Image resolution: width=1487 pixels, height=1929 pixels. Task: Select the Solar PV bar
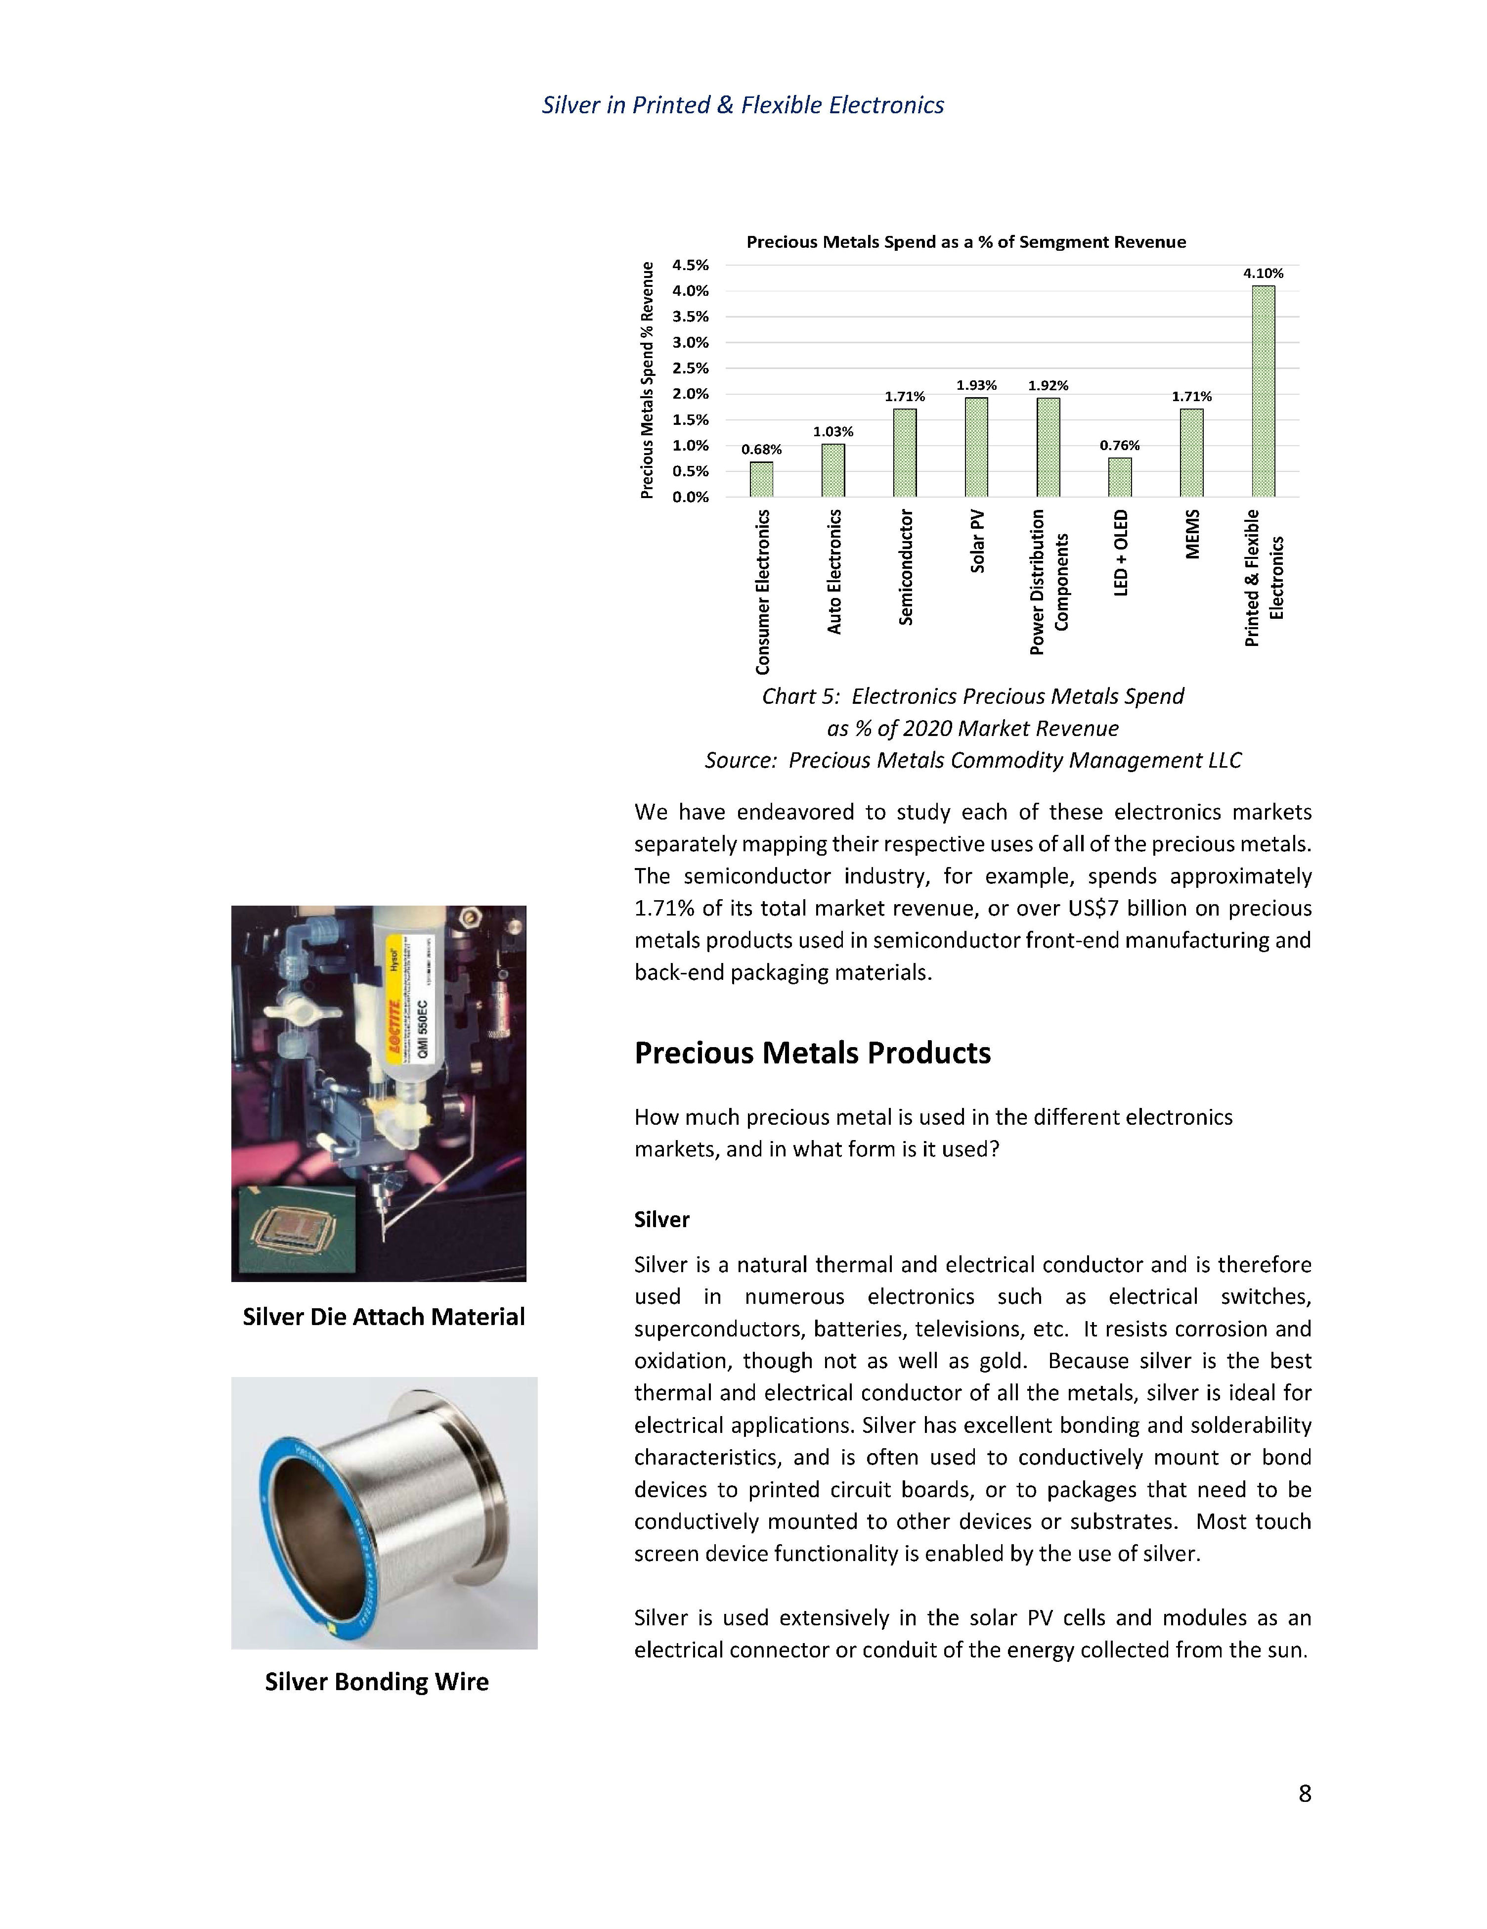point(976,447)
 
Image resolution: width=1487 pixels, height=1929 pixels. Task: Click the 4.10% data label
point(1263,274)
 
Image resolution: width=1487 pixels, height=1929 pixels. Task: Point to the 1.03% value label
point(832,432)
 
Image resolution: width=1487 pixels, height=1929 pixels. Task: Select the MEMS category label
point(1192,534)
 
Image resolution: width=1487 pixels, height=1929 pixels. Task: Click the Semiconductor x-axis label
point(905,567)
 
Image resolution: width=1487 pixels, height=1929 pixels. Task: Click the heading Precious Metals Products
point(812,1053)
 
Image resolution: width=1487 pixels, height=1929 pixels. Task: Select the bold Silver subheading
point(661,1220)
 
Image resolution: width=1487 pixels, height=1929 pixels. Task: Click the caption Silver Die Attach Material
point(383,1317)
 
